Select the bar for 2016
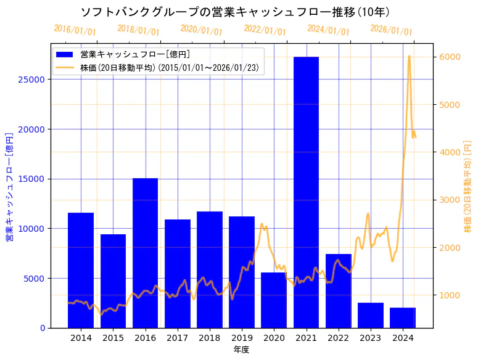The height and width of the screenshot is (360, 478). click(145, 253)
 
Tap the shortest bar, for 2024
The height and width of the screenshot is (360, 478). click(403, 317)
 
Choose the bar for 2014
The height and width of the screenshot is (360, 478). click(81, 270)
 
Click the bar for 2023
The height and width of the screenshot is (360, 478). click(371, 315)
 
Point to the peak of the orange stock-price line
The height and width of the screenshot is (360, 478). click(409, 57)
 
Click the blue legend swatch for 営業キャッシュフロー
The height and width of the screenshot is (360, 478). click(65, 54)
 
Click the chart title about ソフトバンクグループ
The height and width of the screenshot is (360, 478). click(235, 12)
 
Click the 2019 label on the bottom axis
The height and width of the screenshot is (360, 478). click(242, 338)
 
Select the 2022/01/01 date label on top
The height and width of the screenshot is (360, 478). click(265, 30)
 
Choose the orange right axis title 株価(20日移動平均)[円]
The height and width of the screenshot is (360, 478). click(468, 186)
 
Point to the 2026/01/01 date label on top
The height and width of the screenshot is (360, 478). click(391, 30)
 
